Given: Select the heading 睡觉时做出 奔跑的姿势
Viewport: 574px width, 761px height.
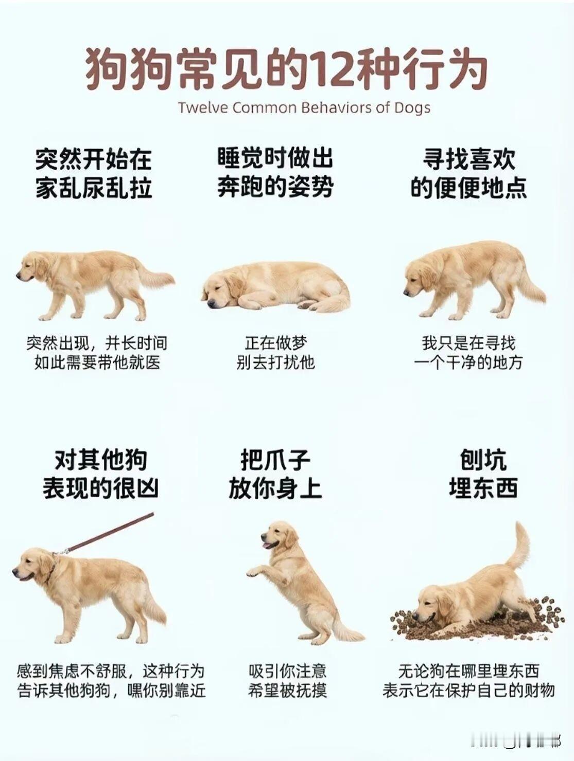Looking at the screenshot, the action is pyautogui.click(x=275, y=172).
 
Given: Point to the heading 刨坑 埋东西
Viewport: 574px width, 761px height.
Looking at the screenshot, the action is pyautogui.click(x=483, y=474).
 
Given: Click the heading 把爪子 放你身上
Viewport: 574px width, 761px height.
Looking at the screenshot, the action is pyautogui.click(x=275, y=474).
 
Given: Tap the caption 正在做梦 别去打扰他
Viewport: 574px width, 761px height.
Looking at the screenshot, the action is pyautogui.click(x=275, y=353).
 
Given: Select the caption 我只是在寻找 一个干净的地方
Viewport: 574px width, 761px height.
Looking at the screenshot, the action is pyautogui.click(x=468, y=353).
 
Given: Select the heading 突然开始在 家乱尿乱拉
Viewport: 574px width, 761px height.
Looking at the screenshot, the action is pyautogui.click(x=94, y=173).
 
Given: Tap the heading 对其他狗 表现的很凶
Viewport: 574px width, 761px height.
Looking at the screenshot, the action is pyautogui.click(x=100, y=474).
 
